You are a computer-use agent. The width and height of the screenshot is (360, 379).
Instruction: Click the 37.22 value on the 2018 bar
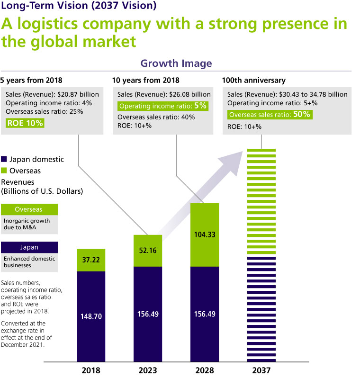(90, 260)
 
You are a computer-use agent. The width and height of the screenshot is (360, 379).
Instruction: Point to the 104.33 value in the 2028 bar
(204, 234)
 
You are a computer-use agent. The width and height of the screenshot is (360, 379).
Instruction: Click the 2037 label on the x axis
(261, 370)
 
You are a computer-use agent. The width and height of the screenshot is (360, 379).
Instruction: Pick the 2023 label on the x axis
(147, 370)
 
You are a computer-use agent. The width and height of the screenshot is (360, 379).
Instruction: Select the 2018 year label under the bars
(90, 370)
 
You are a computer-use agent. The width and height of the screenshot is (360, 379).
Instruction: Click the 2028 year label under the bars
(204, 370)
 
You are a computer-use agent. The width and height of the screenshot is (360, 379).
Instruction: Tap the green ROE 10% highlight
(25, 123)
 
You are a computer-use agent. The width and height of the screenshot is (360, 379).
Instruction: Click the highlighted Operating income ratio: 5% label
(162, 106)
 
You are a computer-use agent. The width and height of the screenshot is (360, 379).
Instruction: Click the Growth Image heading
(176, 63)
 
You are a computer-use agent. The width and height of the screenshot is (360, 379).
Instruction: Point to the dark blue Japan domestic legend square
(4, 160)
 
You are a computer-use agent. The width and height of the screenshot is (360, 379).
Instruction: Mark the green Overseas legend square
(4, 171)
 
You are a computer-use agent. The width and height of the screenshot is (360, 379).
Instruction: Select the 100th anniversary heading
(254, 80)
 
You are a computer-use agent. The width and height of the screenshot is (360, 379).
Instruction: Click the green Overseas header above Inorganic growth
(29, 209)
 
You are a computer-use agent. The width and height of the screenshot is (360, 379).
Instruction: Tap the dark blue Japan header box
(29, 247)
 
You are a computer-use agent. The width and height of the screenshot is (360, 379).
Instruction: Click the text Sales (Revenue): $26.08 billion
(164, 95)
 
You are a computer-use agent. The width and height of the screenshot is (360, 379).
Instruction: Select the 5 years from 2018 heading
(31, 80)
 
